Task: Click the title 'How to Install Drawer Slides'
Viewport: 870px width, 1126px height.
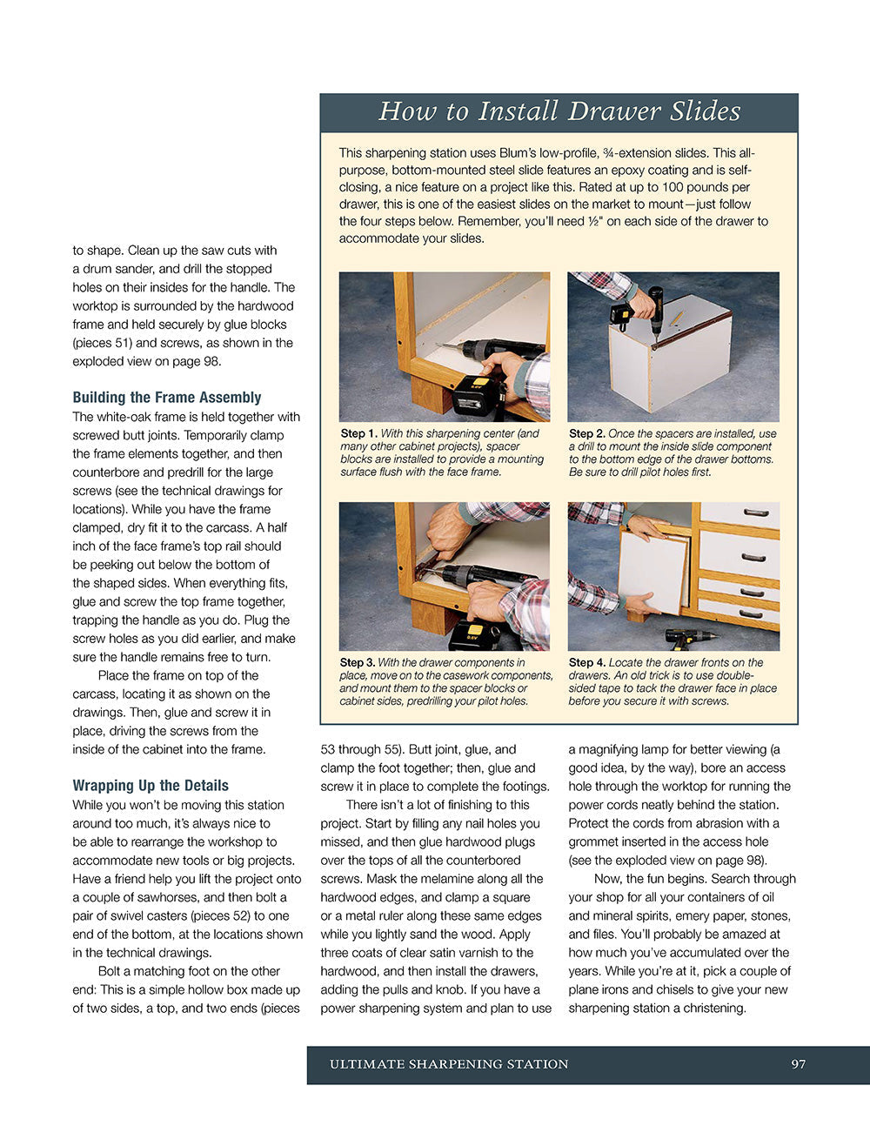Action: point(559,111)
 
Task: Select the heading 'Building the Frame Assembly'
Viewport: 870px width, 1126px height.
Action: point(167,397)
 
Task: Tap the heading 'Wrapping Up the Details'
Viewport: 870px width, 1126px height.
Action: point(151,785)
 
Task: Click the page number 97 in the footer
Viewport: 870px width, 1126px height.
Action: point(798,1064)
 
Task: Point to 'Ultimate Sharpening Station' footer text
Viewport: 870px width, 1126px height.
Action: point(449,1064)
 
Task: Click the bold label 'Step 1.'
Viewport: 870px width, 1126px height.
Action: point(358,433)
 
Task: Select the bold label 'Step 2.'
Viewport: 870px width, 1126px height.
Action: point(587,433)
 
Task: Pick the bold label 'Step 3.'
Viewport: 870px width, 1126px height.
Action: point(358,662)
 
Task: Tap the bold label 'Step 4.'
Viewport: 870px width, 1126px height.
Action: point(587,662)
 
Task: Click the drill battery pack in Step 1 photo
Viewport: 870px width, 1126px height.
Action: point(478,397)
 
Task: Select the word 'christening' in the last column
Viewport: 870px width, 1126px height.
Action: point(709,1009)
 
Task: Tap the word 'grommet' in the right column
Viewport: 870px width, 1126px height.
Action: point(592,841)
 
